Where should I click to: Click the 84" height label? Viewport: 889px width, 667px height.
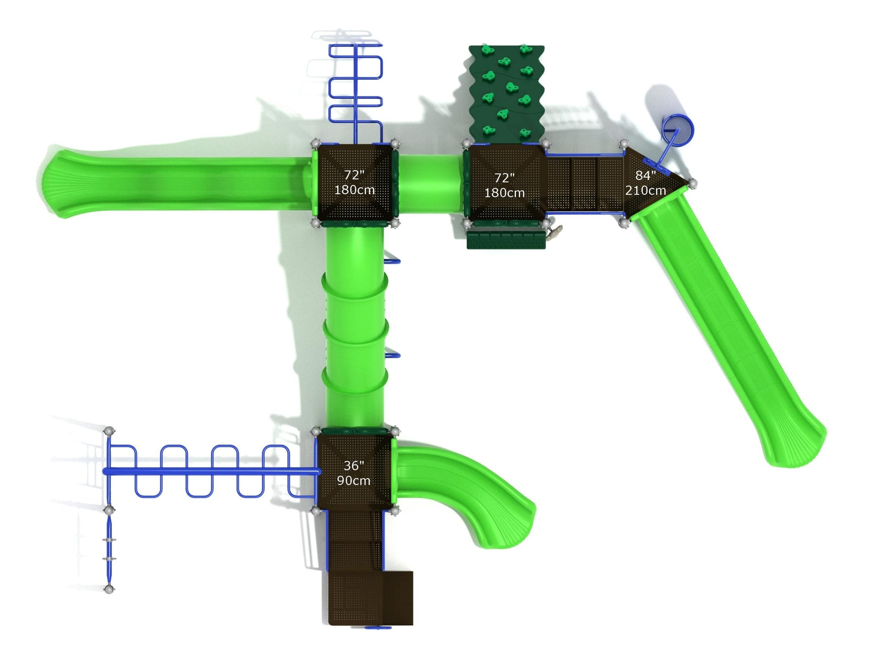point(646,175)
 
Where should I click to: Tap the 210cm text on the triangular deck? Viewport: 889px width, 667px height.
point(646,191)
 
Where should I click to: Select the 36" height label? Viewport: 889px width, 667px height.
point(354,466)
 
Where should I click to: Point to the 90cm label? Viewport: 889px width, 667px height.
point(354,481)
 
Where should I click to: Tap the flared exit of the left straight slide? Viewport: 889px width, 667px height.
point(57,184)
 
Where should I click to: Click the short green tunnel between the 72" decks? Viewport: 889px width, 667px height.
point(431,184)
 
